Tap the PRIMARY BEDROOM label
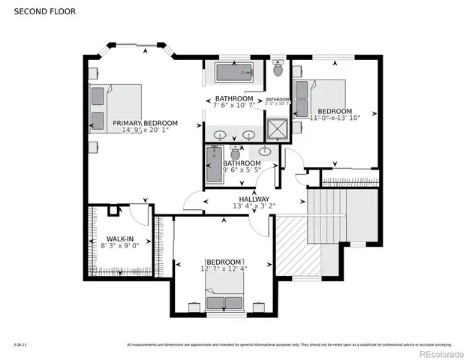click(145, 123)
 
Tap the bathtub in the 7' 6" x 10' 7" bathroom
click(236, 73)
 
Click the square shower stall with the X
click(277, 130)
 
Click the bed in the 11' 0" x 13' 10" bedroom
click(321, 97)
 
